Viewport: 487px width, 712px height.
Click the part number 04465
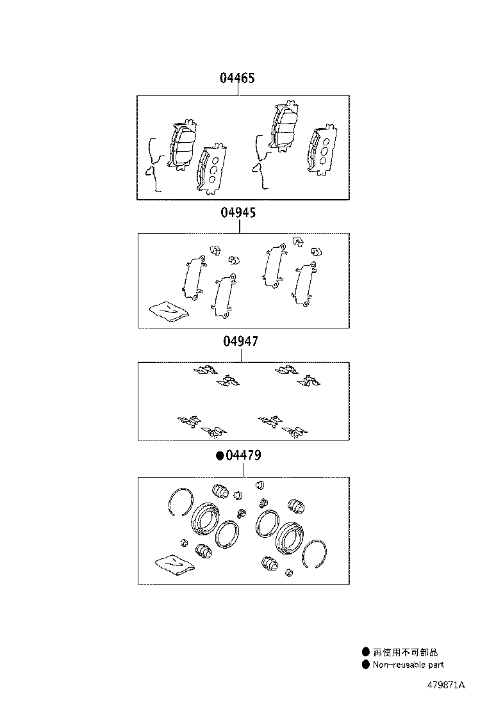pos(237,77)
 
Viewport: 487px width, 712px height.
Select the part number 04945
pos(238,212)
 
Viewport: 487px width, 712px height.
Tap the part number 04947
pos(241,341)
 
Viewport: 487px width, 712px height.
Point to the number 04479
pos(243,455)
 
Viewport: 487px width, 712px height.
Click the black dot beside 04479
pos(220,455)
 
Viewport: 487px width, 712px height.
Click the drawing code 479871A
pos(445,684)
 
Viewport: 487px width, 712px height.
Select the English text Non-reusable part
pos(408,665)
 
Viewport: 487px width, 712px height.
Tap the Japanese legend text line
pos(405,652)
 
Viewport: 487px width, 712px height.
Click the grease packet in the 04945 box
pos(169,311)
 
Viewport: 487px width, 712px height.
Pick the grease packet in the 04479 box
pos(174,564)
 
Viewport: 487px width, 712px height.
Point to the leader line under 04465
pos(238,90)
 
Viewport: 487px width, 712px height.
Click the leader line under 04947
pos(241,355)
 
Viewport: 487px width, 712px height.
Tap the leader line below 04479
pos(244,469)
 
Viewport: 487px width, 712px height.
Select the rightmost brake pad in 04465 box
pos(322,149)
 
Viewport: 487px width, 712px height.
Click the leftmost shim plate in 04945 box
pos(194,277)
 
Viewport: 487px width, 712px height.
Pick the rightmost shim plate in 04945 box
pos(304,283)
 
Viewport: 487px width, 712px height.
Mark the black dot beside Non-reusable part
pos(366,665)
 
